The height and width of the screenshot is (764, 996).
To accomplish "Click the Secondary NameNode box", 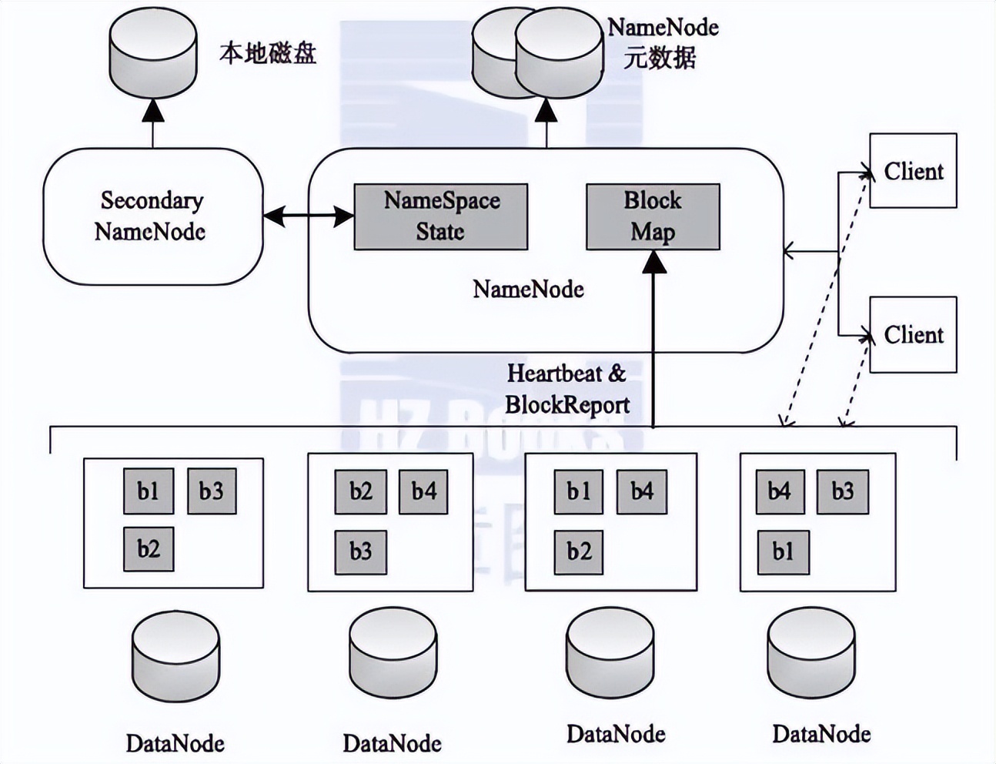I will click(152, 216).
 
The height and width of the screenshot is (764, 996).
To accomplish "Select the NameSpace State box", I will click(441, 216).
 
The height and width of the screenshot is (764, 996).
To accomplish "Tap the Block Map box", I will click(653, 216).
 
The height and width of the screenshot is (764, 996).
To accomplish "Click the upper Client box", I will click(913, 170).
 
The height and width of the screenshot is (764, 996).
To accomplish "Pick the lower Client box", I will click(913, 334).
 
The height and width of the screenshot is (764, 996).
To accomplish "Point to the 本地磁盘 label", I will click(268, 52).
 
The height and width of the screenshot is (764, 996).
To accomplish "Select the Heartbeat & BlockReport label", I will click(567, 389).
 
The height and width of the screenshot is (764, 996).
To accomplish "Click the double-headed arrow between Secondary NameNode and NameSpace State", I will click(309, 216).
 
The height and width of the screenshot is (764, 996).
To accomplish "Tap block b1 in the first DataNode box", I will click(149, 491).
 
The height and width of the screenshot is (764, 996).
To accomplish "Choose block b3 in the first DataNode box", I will click(212, 491).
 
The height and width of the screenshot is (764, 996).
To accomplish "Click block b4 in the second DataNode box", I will click(423, 491).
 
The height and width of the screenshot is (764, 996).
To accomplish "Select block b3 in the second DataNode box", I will click(361, 551).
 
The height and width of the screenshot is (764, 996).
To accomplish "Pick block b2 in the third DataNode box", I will click(579, 551).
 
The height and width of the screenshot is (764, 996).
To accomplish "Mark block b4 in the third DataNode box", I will click(642, 491).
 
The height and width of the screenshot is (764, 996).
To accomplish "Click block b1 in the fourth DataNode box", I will click(783, 551).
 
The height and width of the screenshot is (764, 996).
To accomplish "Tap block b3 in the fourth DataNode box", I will click(842, 491).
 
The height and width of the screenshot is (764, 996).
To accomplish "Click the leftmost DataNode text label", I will click(175, 743).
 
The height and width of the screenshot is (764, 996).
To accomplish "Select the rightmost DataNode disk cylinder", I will click(811, 654).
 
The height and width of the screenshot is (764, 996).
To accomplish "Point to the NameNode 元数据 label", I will click(662, 42).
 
